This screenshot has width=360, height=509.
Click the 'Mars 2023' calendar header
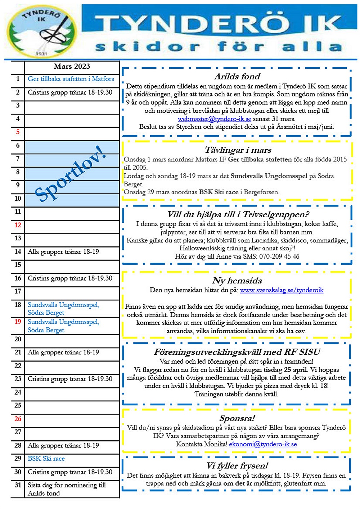coord(72,66)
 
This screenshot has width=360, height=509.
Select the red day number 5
coord(18,132)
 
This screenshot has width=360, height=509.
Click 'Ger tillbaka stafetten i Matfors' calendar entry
coord(71,79)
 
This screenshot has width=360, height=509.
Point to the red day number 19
coord(18,322)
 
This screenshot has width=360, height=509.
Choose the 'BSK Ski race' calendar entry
coord(46,459)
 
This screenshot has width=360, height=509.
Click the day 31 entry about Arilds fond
coord(67,489)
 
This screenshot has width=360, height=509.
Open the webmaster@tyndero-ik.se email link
coord(214,119)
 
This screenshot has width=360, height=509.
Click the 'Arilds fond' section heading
coord(237,76)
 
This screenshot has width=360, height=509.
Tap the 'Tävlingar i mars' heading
coord(238,150)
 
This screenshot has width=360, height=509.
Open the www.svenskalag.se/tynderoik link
coord(282,290)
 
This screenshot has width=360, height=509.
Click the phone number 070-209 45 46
coord(276,256)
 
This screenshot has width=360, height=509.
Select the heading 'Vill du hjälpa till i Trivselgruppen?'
coord(238,214)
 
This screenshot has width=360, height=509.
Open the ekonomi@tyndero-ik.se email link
coord(263,444)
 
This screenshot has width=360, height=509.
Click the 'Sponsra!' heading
coord(237,418)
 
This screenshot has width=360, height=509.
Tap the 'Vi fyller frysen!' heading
coord(237,465)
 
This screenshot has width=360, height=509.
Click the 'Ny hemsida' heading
coord(237,281)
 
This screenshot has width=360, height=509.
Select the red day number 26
coord(18,419)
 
